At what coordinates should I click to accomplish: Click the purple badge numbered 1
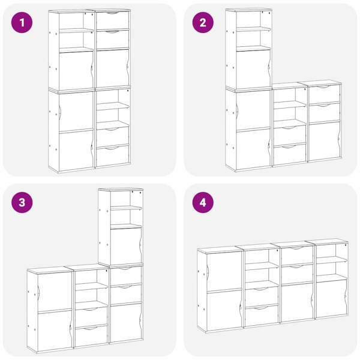click(x=22, y=23)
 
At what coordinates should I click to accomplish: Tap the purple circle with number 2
click(x=203, y=23)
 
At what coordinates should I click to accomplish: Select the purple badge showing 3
click(x=22, y=203)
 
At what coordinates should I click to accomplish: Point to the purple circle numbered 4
click(x=203, y=203)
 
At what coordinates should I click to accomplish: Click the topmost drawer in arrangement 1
click(x=112, y=20)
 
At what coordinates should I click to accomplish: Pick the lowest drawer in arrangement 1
click(x=113, y=155)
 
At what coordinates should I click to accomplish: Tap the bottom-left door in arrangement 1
click(x=76, y=151)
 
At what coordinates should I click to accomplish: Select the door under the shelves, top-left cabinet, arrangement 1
click(x=76, y=70)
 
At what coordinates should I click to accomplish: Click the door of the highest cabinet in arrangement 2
click(x=253, y=68)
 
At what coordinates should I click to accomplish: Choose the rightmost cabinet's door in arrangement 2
click(x=324, y=140)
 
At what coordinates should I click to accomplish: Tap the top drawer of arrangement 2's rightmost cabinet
click(x=324, y=94)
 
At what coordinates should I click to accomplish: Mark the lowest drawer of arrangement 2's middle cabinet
click(x=290, y=154)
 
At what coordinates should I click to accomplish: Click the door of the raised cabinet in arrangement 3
click(x=126, y=246)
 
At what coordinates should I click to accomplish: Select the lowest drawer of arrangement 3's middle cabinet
click(x=91, y=335)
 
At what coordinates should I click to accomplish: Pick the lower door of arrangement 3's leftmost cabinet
click(x=55, y=331)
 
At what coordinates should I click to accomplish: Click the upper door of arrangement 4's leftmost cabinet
click(x=224, y=272)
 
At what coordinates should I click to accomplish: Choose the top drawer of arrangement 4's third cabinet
click(x=297, y=256)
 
